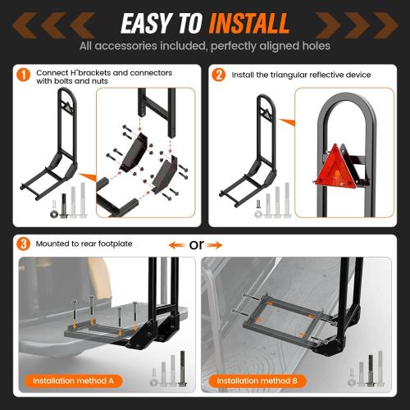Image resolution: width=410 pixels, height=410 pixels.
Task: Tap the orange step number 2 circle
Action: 219,75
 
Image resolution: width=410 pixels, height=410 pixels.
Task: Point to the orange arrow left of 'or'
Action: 176,244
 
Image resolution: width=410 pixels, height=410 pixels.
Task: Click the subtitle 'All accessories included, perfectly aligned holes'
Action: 204,47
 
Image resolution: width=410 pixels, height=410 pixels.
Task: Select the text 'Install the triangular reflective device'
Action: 302,75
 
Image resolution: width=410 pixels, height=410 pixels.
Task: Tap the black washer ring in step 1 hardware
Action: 53,215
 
